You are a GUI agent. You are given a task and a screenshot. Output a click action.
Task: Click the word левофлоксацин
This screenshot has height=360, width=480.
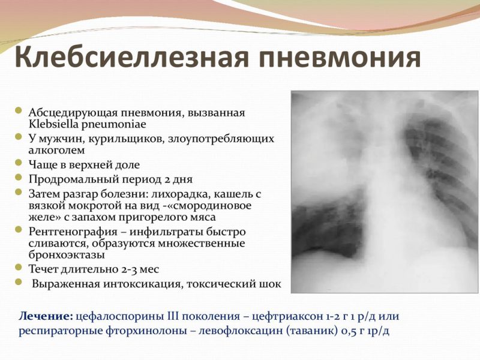click(200, 331)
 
